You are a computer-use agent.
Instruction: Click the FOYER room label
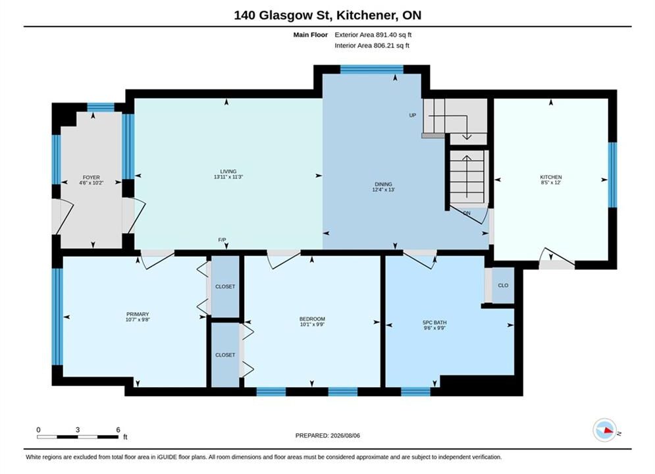91,178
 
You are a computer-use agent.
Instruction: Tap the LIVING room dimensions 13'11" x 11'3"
228,177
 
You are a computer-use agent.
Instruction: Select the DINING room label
384,184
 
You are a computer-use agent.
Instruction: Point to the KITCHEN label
550,177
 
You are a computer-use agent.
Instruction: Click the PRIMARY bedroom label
138,314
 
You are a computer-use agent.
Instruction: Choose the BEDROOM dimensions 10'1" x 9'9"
312,324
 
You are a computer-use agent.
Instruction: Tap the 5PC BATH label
434,323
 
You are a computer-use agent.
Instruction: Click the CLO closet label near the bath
503,285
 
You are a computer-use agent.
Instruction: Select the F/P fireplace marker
223,240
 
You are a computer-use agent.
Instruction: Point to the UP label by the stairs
413,115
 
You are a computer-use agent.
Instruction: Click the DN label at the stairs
467,213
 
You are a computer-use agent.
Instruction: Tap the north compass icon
605,430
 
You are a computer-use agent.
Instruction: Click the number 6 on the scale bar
118,430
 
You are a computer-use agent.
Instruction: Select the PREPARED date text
328,436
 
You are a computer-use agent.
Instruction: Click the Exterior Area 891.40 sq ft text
373,35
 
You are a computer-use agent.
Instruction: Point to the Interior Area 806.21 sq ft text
372,45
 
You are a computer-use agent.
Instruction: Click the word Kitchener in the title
367,15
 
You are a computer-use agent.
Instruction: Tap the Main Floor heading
310,35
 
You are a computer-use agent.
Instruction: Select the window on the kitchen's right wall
612,175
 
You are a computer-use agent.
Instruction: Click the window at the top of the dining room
372,69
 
